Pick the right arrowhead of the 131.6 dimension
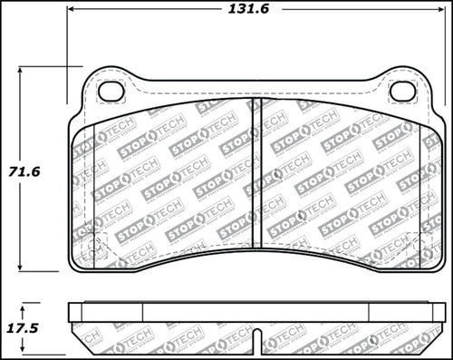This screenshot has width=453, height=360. (437, 12)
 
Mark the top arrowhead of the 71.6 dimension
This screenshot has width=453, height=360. (24, 70)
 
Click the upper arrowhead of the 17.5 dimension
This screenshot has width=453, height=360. (24, 308)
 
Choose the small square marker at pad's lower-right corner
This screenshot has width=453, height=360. (413, 239)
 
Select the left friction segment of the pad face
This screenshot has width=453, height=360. (163, 181)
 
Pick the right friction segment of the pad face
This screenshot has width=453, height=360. (344, 181)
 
